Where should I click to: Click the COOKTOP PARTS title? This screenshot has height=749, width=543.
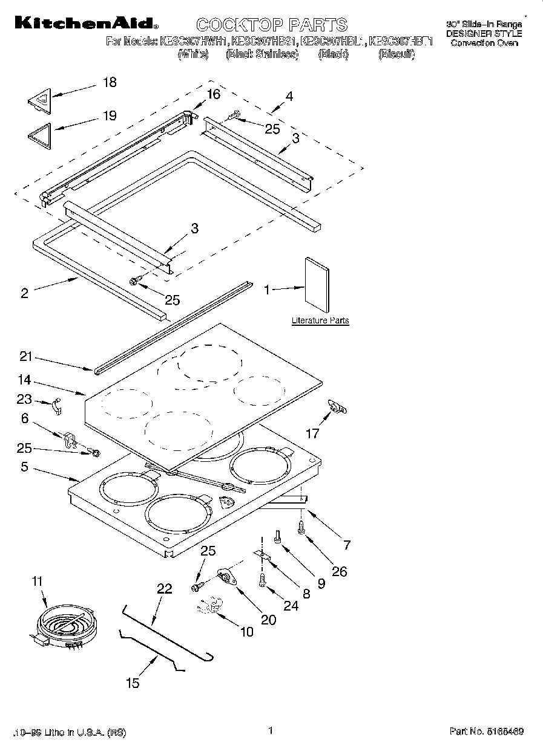point(272,25)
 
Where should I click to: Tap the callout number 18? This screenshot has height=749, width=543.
point(110,83)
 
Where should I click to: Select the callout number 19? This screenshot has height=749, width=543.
point(110,115)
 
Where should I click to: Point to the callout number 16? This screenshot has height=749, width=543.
point(213,94)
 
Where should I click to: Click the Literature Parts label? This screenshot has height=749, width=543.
point(320,320)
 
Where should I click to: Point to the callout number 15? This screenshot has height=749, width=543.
point(132,683)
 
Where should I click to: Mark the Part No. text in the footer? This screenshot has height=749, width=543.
point(487,731)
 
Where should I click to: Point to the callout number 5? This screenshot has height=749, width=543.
point(24,467)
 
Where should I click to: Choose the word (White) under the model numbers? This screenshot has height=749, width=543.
point(194,54)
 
